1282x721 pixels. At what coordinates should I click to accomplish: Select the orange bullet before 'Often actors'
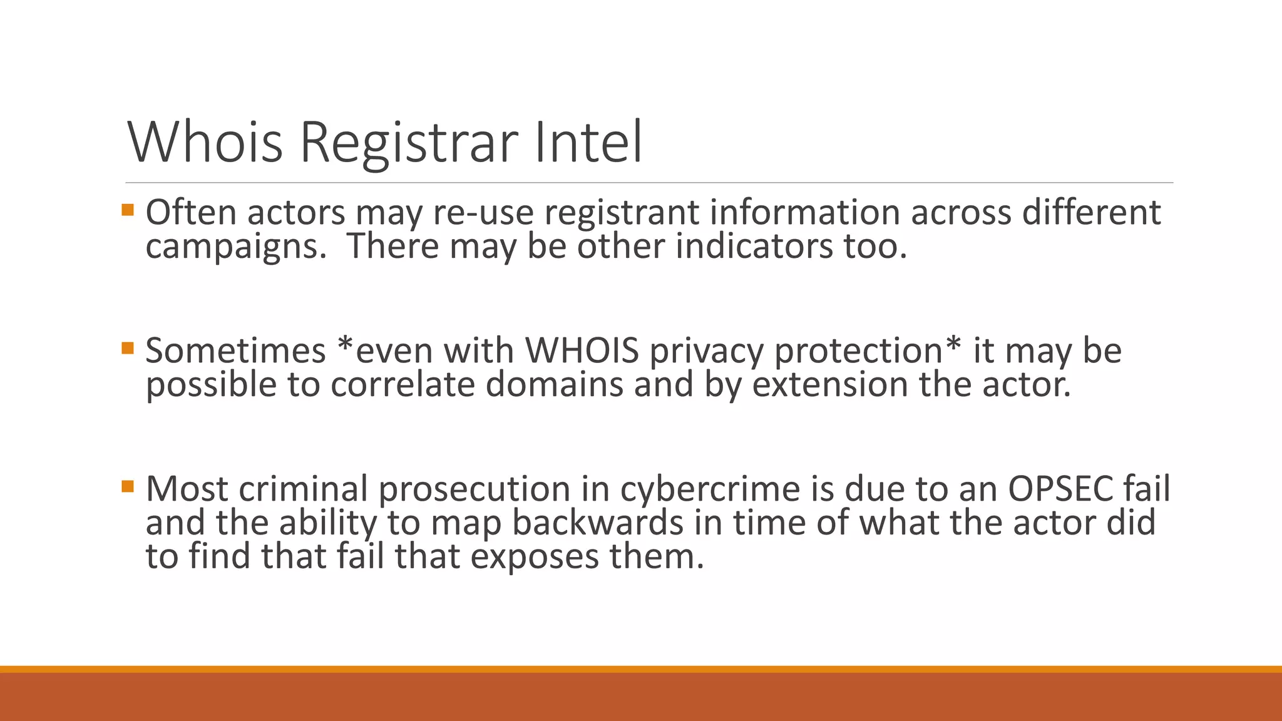pyautogui.click(x=128, y=210)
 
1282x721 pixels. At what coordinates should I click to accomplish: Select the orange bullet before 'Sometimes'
pyautogui.click(x=128, y=347)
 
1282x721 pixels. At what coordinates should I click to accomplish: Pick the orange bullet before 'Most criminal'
pyautogui.click(x=128, y=486)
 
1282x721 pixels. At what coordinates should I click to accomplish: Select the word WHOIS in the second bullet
pyautogui.click(x=582, y=350)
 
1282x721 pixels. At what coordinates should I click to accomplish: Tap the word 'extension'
pyautogui.click(x=829, y=384)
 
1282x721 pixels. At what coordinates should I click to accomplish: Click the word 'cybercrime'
pyautogui.click(x=710, y=489)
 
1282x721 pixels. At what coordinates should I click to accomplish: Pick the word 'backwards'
pyautogui.click(x=597, y=523)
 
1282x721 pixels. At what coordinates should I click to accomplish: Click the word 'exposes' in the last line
pyautogui.click(x=535, y=556)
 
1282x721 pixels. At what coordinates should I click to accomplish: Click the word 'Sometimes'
pyautogui.click(x=235, y=350)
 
